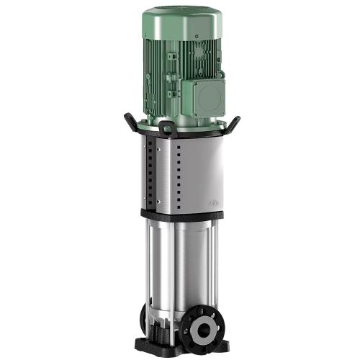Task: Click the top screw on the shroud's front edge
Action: [172, 148]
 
